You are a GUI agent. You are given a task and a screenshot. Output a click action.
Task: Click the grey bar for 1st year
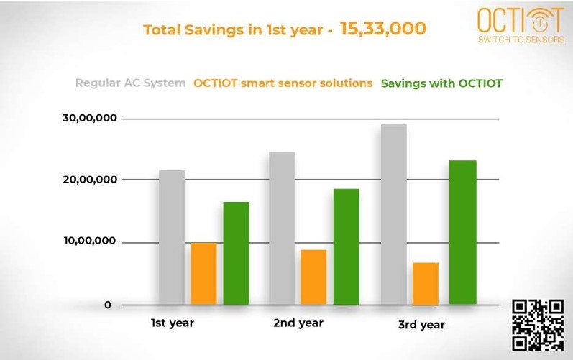(x=172, y=237)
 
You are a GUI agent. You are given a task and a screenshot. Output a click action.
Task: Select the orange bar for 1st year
(x=204, y=274)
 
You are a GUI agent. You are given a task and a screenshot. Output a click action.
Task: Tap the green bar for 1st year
(x=236, y=253)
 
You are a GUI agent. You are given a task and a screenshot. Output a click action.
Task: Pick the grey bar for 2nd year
(x=282, y=229)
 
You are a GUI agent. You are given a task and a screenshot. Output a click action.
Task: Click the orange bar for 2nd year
(x=313, y=277)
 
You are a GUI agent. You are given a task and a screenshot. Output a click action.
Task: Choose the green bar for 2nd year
(x=346, y=246)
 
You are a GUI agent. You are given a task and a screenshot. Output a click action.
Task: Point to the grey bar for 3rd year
(x=393, y=214)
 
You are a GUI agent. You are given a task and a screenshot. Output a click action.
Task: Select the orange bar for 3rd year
(x=426, y=283)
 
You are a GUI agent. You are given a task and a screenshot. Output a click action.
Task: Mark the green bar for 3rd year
(x=462, y=232)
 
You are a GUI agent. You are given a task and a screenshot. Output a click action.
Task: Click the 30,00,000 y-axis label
(x=90, y=118)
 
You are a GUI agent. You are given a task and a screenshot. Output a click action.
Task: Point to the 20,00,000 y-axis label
(x=90, y=180)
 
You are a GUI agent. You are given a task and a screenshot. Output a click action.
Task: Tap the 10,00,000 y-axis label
(x=90, y=241)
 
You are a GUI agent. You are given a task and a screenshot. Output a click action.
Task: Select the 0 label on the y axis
(x=107, y=305)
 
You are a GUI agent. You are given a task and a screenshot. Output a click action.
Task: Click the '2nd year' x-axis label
(x=298, y=323)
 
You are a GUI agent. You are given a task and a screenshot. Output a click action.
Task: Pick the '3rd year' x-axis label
(x=422, y=325)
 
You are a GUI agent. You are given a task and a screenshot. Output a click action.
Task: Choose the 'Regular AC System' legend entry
(x=131, y=83)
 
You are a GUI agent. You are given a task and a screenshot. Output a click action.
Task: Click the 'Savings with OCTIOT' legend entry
(x=441, y=83)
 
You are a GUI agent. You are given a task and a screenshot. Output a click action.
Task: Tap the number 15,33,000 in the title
(x=383, y=29)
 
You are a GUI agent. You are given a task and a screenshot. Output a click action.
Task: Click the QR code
(x=538, y=325)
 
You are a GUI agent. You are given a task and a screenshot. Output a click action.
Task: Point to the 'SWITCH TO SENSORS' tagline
(x=521, y=39)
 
